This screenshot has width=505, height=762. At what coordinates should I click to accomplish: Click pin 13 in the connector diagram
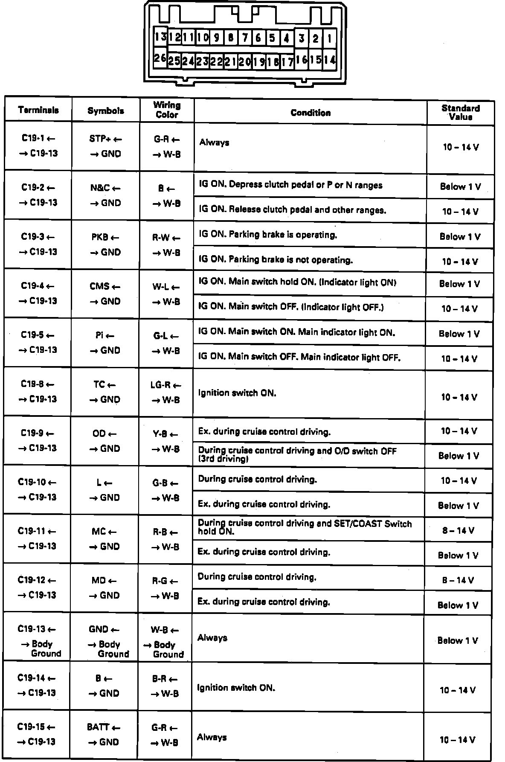(x=160, y=37)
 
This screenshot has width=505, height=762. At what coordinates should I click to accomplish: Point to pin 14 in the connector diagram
(x=329, y=60)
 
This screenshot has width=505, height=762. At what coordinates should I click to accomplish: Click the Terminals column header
(x=38, y=110)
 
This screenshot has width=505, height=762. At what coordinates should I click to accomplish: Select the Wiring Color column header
(x=167, y=110)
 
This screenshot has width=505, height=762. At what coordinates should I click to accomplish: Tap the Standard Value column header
(x=460, y=113)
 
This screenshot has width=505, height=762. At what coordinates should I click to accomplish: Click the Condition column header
(x=311, y=113)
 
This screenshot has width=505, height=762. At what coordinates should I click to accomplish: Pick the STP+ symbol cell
(x=106, y=146)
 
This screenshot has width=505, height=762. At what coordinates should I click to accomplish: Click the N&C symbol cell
(x=106, y=195)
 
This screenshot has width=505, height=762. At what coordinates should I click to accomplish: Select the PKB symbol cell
(x=106, y=244)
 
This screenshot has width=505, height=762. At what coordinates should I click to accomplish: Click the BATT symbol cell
(x=104, y=735)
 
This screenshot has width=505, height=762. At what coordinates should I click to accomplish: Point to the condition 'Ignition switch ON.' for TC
(x=237, y=393)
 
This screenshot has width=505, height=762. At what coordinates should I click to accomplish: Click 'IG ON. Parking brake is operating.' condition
(x=268, y=235)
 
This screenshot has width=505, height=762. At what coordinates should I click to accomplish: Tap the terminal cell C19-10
(x=37, y=490)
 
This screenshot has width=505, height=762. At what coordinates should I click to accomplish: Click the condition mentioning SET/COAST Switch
(x=305, y=527)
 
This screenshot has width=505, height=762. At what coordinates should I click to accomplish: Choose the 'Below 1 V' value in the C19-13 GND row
(x=458, y=640)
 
